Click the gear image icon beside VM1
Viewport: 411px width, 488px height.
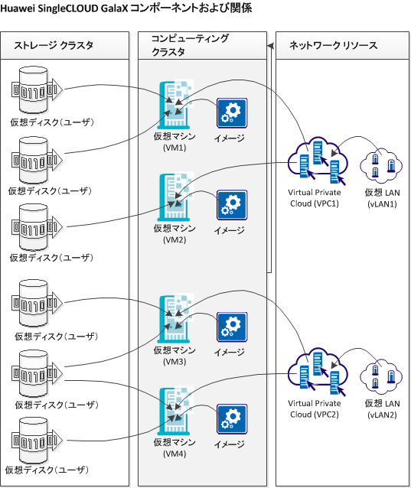(232, 113)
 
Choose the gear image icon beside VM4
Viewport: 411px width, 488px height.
(232, 420)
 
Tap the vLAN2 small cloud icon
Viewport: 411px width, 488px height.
(383, 377)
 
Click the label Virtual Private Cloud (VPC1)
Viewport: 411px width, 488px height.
(313, 198)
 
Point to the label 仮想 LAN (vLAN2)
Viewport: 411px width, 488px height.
(383, 408)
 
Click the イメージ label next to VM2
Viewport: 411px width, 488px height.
(229, 229)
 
